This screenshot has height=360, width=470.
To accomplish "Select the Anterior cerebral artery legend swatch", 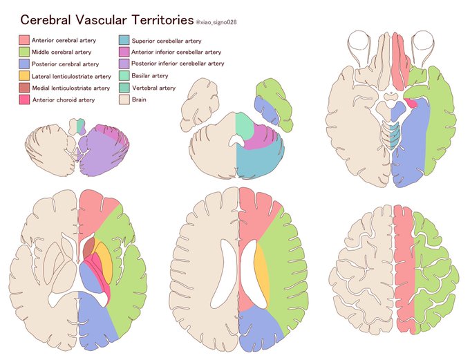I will pos(24,41).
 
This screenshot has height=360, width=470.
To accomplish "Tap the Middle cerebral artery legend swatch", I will pos(24,53).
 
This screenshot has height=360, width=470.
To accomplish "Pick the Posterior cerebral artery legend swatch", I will pos(24,64).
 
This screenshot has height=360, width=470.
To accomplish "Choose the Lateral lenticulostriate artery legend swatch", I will pos(24,76).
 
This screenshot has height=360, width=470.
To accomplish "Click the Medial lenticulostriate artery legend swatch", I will pos(24,88).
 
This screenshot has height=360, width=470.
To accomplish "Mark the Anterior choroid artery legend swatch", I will pos(24,100).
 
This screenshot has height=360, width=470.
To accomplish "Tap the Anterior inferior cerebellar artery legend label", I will pos(176,52).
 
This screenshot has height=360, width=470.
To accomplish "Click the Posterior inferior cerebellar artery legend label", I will pos(178,64).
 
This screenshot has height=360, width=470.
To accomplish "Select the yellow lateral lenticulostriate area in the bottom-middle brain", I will pos(262,269).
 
